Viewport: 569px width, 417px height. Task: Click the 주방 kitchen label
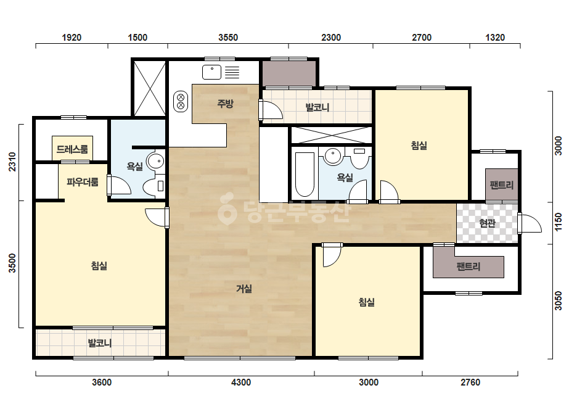225,104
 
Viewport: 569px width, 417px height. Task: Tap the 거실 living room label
244,289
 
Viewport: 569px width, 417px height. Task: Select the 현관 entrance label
487,223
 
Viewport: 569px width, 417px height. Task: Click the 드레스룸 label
72,149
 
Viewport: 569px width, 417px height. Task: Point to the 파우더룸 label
83,181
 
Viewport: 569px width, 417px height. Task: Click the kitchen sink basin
211,72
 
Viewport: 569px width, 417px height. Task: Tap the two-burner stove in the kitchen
181,101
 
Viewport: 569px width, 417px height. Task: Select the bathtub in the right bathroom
305,175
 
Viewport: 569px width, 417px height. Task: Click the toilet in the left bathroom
154,186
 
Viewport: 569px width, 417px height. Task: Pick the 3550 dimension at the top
228,38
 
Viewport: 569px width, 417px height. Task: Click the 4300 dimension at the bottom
241,382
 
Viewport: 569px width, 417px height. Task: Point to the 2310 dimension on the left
12,162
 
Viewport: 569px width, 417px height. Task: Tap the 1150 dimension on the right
558,221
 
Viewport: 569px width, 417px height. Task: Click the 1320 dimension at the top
495,38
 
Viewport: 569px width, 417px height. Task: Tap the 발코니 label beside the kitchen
317,107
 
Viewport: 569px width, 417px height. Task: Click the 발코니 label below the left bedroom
100,343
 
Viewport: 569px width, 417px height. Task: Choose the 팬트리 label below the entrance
469,267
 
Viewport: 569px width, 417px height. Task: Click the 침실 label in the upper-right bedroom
419,146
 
